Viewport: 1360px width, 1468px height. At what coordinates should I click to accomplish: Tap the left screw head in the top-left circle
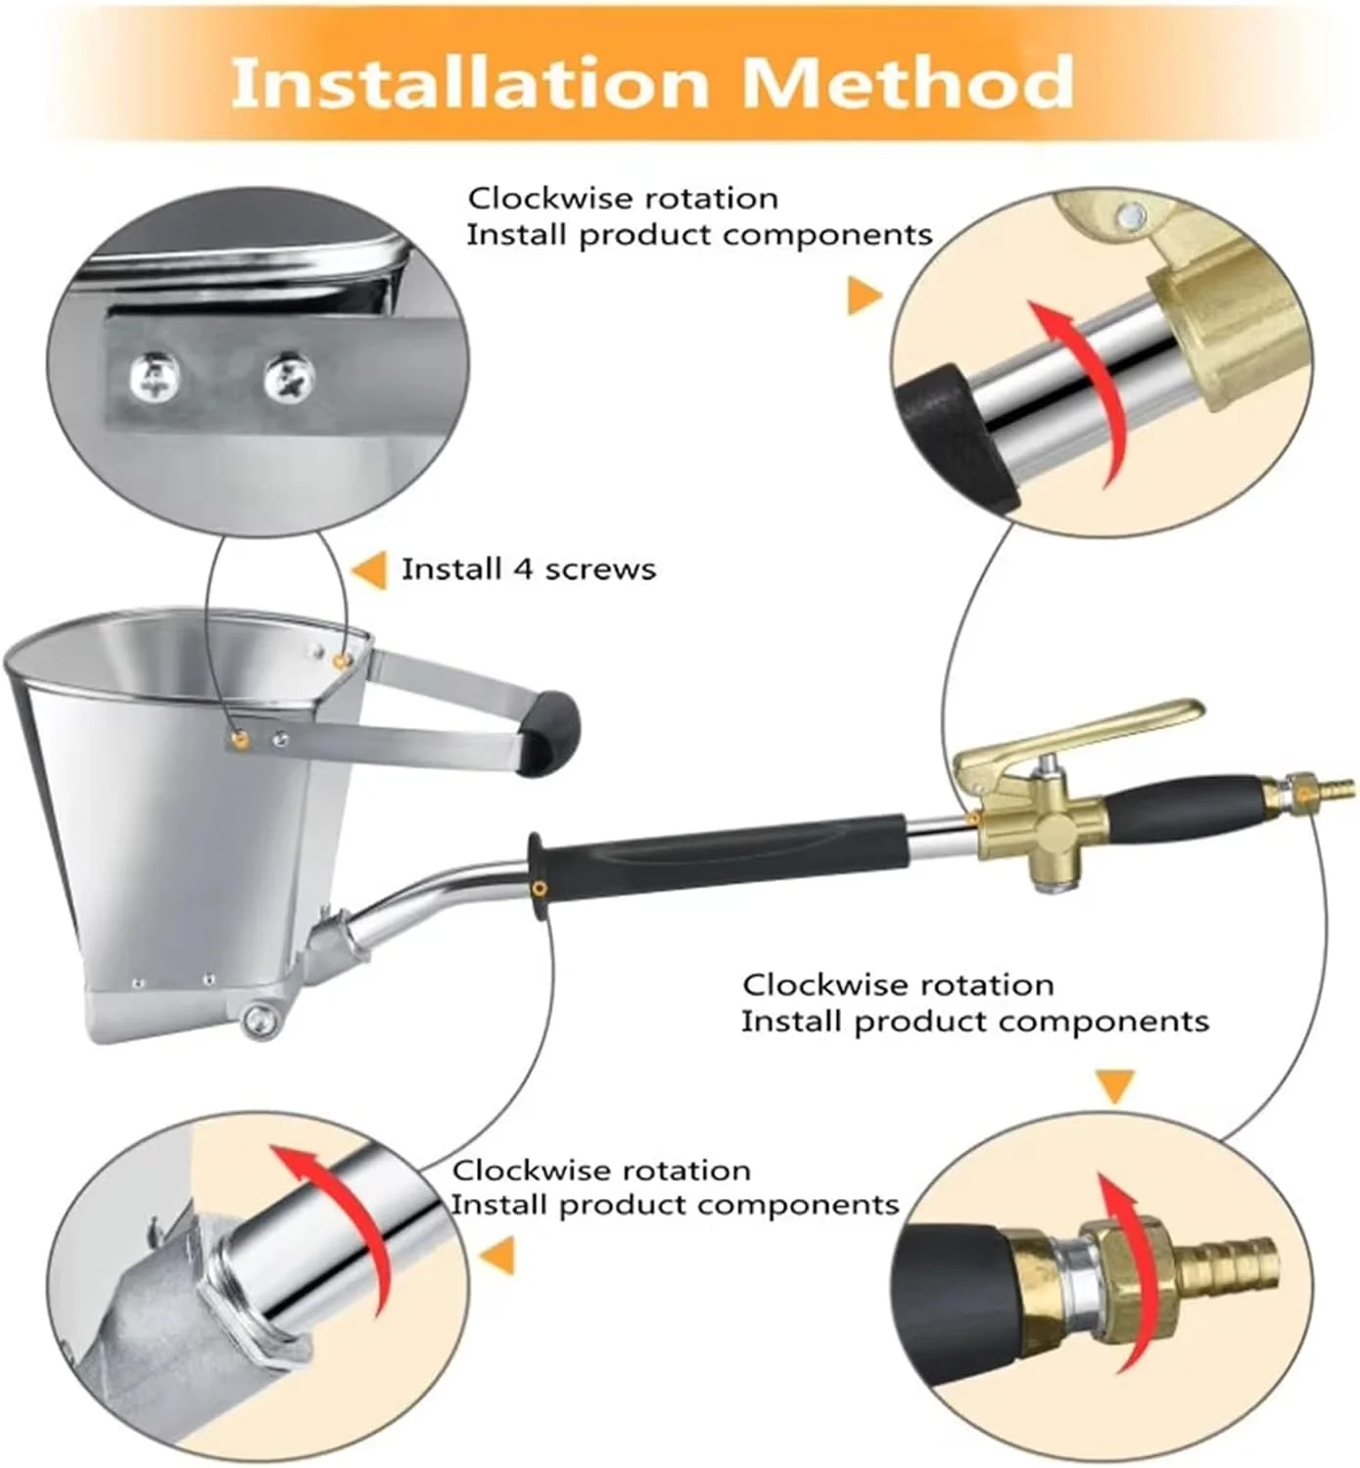point(155,375)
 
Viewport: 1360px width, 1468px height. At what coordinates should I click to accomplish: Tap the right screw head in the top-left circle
point(289,378)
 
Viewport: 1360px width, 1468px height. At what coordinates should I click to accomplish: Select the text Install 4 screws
point(529,570)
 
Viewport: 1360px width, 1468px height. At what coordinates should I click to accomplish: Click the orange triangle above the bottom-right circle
point(1114,1086)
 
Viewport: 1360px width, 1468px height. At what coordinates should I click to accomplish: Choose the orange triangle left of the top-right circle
point(865,296)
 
